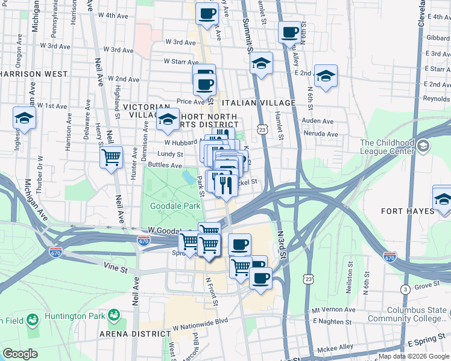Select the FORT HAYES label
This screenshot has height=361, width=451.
point(408,211)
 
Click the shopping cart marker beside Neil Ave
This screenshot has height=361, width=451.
point(111,158)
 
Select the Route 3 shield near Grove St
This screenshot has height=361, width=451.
point(406,290)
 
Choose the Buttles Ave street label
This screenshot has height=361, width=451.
point(165,165)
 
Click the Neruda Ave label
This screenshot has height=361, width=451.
point(318,131)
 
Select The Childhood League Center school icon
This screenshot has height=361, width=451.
point(423,146)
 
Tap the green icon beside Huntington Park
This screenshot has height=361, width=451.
point(113,315)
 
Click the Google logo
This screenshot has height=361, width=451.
point(20,354)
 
